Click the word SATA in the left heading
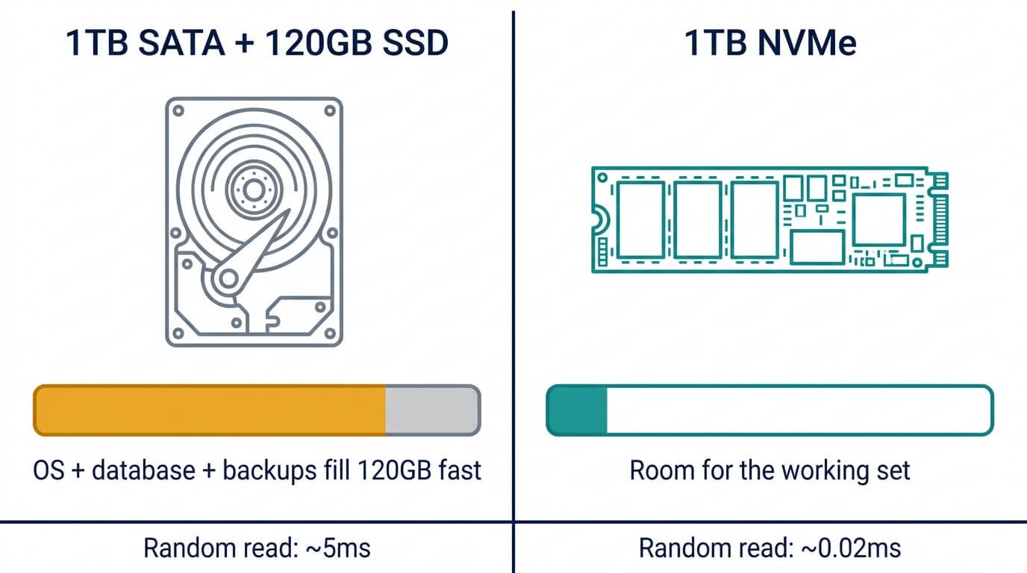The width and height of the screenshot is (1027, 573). (181, 43)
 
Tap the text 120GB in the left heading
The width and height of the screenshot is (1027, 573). (318, 43)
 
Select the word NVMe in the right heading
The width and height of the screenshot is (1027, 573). (807, 43)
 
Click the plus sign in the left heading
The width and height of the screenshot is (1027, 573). (246, 43)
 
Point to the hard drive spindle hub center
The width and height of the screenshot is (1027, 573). (254, 190)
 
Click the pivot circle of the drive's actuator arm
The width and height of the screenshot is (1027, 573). (228, 278)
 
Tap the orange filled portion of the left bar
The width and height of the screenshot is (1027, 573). (210, 410)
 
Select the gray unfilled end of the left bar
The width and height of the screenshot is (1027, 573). (433, 410)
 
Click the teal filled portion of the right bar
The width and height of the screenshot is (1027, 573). (577, 410)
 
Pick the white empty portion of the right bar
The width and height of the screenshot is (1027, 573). (799, 410)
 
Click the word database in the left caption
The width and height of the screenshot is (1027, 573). (143, 470)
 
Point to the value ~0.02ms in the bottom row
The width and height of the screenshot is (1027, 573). (851, 548)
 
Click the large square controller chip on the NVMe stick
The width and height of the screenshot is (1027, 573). (878, 219)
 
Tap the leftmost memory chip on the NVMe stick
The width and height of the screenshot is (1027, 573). (640, 219)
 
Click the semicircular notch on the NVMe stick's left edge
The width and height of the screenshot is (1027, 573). (602, 219)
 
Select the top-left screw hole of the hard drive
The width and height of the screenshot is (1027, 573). (178, 110)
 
